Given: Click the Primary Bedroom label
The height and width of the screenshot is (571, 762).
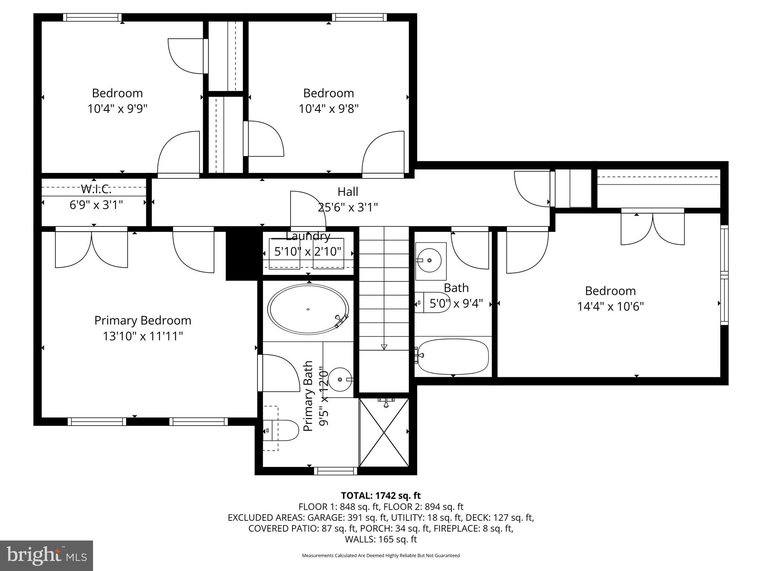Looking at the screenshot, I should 143,320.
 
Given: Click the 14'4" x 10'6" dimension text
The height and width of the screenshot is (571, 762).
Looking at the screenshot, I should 610,307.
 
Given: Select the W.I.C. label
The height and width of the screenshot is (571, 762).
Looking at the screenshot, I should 96,189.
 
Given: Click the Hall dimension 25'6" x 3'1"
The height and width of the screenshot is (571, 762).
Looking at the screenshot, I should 348,207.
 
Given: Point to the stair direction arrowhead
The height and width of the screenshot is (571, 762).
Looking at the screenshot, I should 384,347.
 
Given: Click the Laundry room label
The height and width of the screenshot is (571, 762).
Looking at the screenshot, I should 308,236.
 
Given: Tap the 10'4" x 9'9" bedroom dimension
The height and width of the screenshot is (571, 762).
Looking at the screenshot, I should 118,109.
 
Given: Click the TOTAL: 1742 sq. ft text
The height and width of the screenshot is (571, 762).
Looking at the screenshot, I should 381,496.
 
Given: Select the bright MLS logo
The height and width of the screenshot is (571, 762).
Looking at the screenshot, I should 47,555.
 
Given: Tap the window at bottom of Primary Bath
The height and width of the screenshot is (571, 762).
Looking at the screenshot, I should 336,471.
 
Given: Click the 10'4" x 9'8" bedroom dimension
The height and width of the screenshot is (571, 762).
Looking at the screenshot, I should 329,109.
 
